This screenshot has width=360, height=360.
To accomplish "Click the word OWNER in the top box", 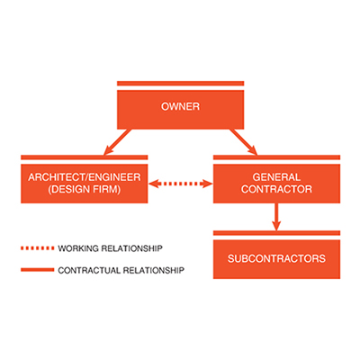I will coord(180,107).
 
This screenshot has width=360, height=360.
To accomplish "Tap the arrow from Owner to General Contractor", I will coord(244,141).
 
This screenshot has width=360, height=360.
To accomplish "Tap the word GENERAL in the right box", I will coord(276,177).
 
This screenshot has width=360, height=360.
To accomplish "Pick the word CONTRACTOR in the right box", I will coord(276,190).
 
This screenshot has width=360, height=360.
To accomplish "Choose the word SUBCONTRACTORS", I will coord(276,260).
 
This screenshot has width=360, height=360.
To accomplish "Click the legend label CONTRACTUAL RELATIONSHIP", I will coord(121,269).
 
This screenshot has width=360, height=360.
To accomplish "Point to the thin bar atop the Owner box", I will coord(180,85).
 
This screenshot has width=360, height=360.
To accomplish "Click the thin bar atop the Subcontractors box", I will coord(276,233).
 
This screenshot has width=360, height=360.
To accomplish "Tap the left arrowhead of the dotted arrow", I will coord(155,184).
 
